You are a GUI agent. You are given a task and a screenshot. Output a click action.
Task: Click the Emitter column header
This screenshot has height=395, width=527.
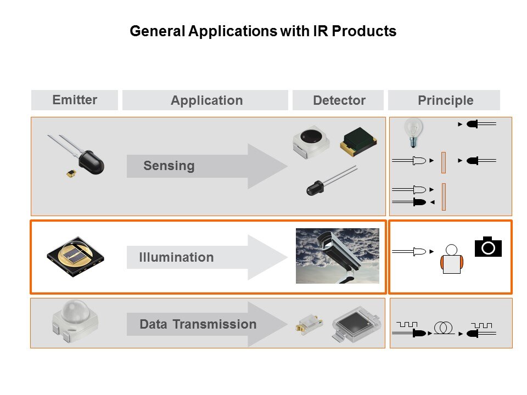click(75, 100)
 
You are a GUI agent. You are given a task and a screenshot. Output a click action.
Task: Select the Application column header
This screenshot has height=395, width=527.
click(206, 100)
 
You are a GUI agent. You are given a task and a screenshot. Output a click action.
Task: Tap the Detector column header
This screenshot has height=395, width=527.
click(339, 100)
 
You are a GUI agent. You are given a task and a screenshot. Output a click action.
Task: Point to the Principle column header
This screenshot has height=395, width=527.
click(445, 100)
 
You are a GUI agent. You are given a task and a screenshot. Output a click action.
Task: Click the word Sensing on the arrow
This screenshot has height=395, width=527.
click(169, 166)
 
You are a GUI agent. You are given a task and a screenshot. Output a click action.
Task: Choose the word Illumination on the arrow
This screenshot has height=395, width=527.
click(176, 257)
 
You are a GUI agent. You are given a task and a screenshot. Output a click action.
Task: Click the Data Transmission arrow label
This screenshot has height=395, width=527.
click(198, 324)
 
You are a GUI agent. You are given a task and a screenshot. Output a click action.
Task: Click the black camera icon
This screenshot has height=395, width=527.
click(488, 247)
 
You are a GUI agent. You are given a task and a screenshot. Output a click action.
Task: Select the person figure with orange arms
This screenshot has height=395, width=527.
click(452, 259)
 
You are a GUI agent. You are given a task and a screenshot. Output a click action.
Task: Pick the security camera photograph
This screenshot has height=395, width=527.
click(337, 256)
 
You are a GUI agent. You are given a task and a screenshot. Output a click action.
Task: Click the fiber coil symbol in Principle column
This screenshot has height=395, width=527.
click(442, 328)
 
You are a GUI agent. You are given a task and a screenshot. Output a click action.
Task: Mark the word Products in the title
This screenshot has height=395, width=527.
click(367, 31)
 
